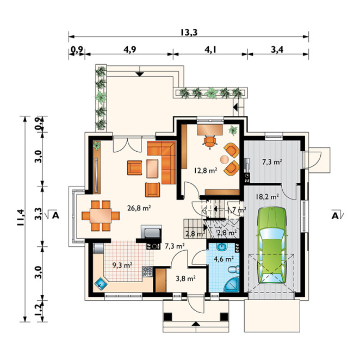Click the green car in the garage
272,245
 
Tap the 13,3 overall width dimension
189,32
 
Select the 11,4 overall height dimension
20,218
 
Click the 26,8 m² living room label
139,208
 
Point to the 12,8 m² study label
205,170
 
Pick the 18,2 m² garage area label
267,196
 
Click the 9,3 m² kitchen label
122,265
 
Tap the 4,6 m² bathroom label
224,259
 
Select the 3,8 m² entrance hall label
185,279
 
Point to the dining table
101,215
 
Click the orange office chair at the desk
209,141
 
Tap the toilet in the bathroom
234,270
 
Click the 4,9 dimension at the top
130,49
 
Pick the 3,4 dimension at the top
277,49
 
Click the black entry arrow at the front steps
195,324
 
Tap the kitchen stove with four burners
147,271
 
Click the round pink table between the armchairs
224,159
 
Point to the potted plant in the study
233,130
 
